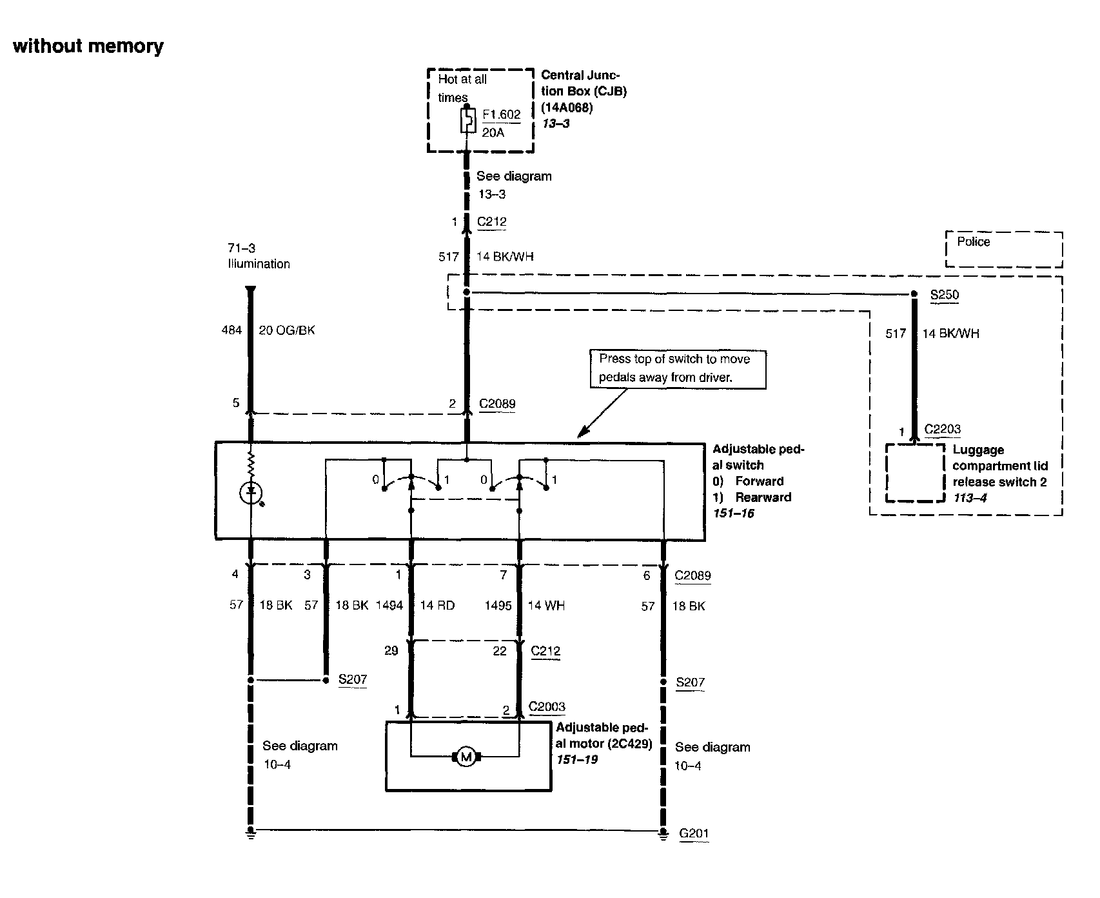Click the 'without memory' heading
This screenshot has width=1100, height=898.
point(88,46)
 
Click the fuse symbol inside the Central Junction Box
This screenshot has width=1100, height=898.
point(467,121)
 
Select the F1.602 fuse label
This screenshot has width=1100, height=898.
point(501,115)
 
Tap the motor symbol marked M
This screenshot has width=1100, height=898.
point(465,757)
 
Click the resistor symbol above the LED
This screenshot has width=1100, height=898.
point(251,463)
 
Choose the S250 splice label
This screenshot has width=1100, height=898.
point(945,295)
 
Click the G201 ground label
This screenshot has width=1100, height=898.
point(694,833)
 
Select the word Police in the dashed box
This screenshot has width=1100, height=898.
point(973,242)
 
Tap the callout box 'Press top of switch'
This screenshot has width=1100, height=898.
point(678,368)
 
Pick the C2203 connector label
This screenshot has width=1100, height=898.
point(942,429)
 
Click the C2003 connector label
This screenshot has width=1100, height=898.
point(547,706)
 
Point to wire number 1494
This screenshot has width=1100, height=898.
point(389,605)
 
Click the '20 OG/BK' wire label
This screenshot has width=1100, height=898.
point(287,330)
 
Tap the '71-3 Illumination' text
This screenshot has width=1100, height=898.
point(259,255)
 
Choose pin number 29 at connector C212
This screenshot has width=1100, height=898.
point(391,650)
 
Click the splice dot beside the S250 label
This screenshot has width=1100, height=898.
point(914,294)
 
